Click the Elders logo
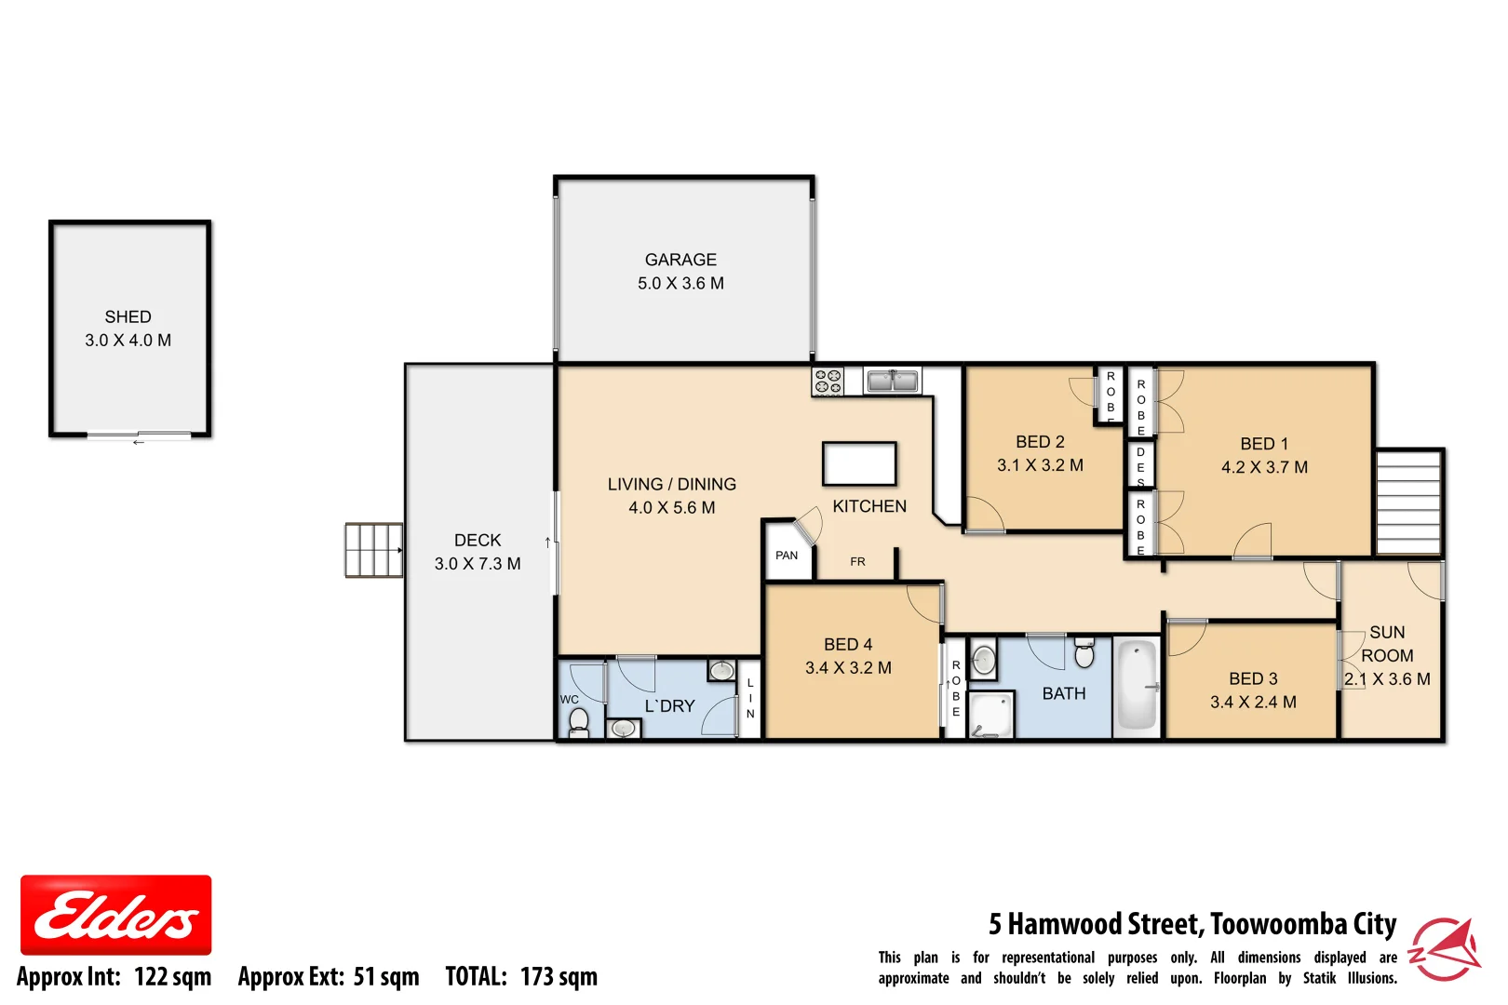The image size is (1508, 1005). tap(115, 915)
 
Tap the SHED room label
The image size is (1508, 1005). tap(128, 317)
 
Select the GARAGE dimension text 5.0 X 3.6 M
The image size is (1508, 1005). tap(680, 283)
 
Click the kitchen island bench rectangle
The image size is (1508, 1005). tap(858, 463)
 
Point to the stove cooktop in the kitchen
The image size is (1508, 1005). tap(827, 382)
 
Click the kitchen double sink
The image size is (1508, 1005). tap(892, 381)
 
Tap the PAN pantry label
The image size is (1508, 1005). tap(787, 556)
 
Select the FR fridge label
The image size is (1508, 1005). tap(857, 562)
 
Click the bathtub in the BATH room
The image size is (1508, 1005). tap(1137, 686)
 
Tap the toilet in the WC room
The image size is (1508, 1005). tap(579, 720)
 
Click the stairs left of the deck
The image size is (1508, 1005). tap(373, 550)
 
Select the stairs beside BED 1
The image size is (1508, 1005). tap(1408, 502)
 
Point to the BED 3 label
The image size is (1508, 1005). tap(1253, 678)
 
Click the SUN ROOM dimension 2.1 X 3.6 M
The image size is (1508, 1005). tap(1387, 679)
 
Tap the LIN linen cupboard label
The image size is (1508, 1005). tap(750, 698)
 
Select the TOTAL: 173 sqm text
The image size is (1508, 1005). tap(521, 977)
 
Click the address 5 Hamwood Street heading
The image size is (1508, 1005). tap(1192, 924)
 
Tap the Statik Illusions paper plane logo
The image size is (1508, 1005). tap(1445, 948)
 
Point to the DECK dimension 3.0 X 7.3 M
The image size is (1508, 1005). tap(478, 564)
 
